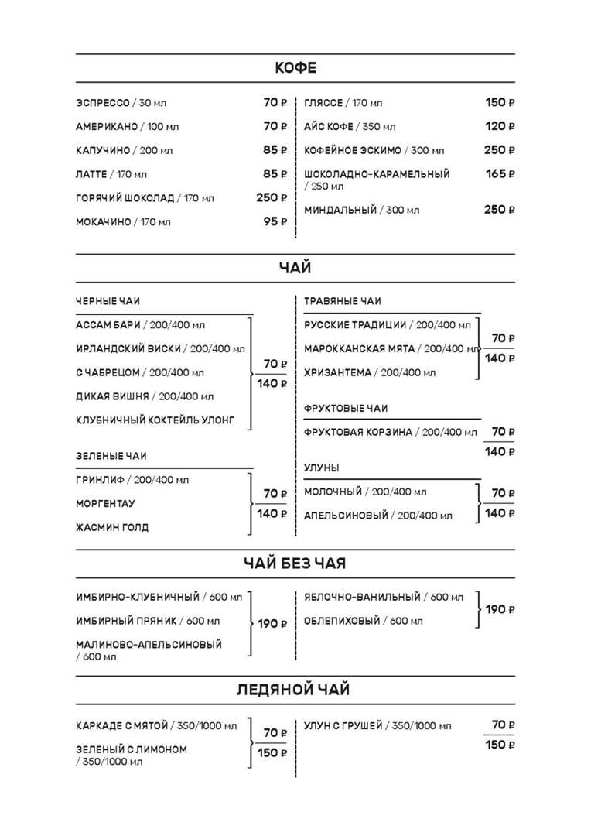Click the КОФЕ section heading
click(295, 68)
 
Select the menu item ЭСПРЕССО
click(103, 103)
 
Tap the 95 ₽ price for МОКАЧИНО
click(275, 221)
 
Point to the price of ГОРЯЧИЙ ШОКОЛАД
click(272, 197)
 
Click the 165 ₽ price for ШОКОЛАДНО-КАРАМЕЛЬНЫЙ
click(500, 173)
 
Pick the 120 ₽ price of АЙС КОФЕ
click(500, 126)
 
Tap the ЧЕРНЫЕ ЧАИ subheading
click(108, 301)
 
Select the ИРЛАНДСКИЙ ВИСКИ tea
click(128, 348)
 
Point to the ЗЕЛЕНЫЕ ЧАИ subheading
click(111, 456)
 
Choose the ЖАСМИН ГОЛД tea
click(112, 527)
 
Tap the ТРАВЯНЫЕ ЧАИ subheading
click(343, 301)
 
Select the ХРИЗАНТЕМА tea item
click(338, 372)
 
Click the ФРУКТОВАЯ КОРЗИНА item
click(358, 432)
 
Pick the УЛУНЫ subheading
click(322, 468)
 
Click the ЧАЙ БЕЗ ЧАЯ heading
click(295, 564)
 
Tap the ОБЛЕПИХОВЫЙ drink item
click(343, 621)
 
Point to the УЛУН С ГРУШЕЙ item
click(343, 725)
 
